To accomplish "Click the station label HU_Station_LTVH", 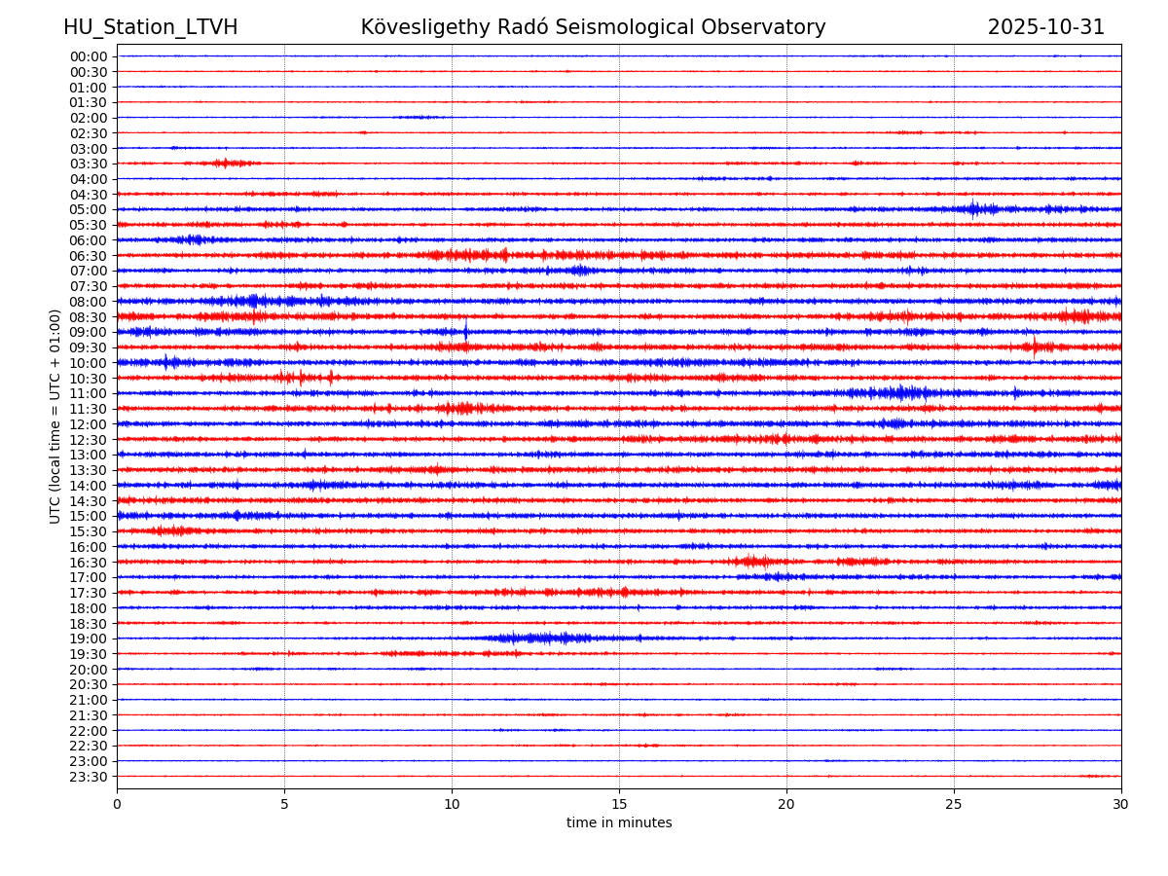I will click(150, 27).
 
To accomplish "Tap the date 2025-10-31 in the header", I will click(1046, 27).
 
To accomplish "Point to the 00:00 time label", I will click(88, 56).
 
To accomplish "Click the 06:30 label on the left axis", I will click(88, 256).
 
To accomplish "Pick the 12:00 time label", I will click(88, 424).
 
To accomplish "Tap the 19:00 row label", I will click(88, 639).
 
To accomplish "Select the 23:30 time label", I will click(88, 777).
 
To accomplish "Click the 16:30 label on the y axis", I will click(88, 563).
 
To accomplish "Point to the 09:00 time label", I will click(88, 332).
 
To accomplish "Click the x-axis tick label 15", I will click(619, 805).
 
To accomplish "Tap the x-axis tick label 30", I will click(1121, 805).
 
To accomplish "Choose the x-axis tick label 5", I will click(284, 805).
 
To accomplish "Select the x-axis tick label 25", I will click(954, 805).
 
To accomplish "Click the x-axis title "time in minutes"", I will click(619, 823).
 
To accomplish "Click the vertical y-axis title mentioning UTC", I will click(55, 416).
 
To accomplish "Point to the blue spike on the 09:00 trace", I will click(465, 331).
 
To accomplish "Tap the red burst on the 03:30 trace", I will click(224, 163).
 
